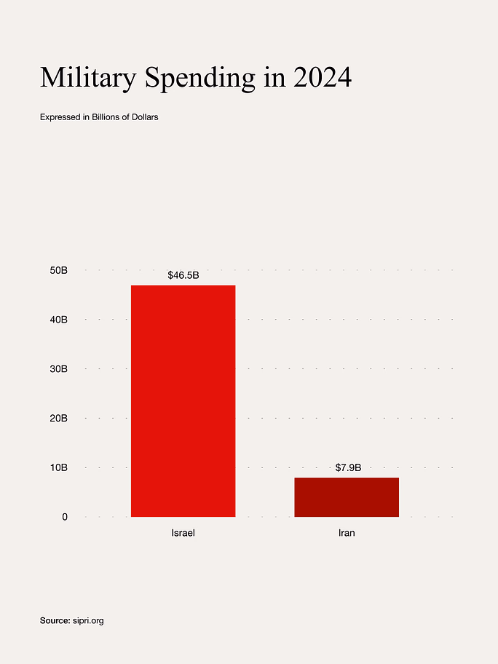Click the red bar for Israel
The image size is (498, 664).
pyautogui.click(x=183, y=400)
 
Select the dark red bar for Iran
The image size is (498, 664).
pyautogui.click(x=347, y=497)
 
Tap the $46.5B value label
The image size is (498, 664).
pyautogui.click(x=183, y=275)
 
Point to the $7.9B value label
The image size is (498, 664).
pyautogui.click(x=348, y=467)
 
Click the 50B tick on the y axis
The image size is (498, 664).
pyautogui.click(x=58, y=270)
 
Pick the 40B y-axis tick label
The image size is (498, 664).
pyautogui.click(x=58, y=320)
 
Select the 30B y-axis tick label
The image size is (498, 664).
pyautogui.click(x=58, y=369)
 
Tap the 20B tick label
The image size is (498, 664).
pyautogui.click(x=58, y=418)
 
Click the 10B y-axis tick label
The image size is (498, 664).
pyautogui.click(x=58, y=467)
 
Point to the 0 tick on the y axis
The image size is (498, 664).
pyautogui.click(x=64, y=517)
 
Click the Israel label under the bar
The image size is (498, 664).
pyautogui.click(x=183, y=533)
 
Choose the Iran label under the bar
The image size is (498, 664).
pyautogui.click(x=347, y=533)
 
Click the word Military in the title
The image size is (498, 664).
pyautogui.click(x=87, y=78)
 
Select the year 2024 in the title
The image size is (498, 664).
pyautogui.click(x=323, y=78)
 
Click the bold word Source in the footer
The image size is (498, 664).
pyautogui.click(x=55, y=620)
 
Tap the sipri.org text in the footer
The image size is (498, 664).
pyautogui.click(x=88, y=621)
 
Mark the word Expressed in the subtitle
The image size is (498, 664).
pyautogui.click(x=60, y=117)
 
